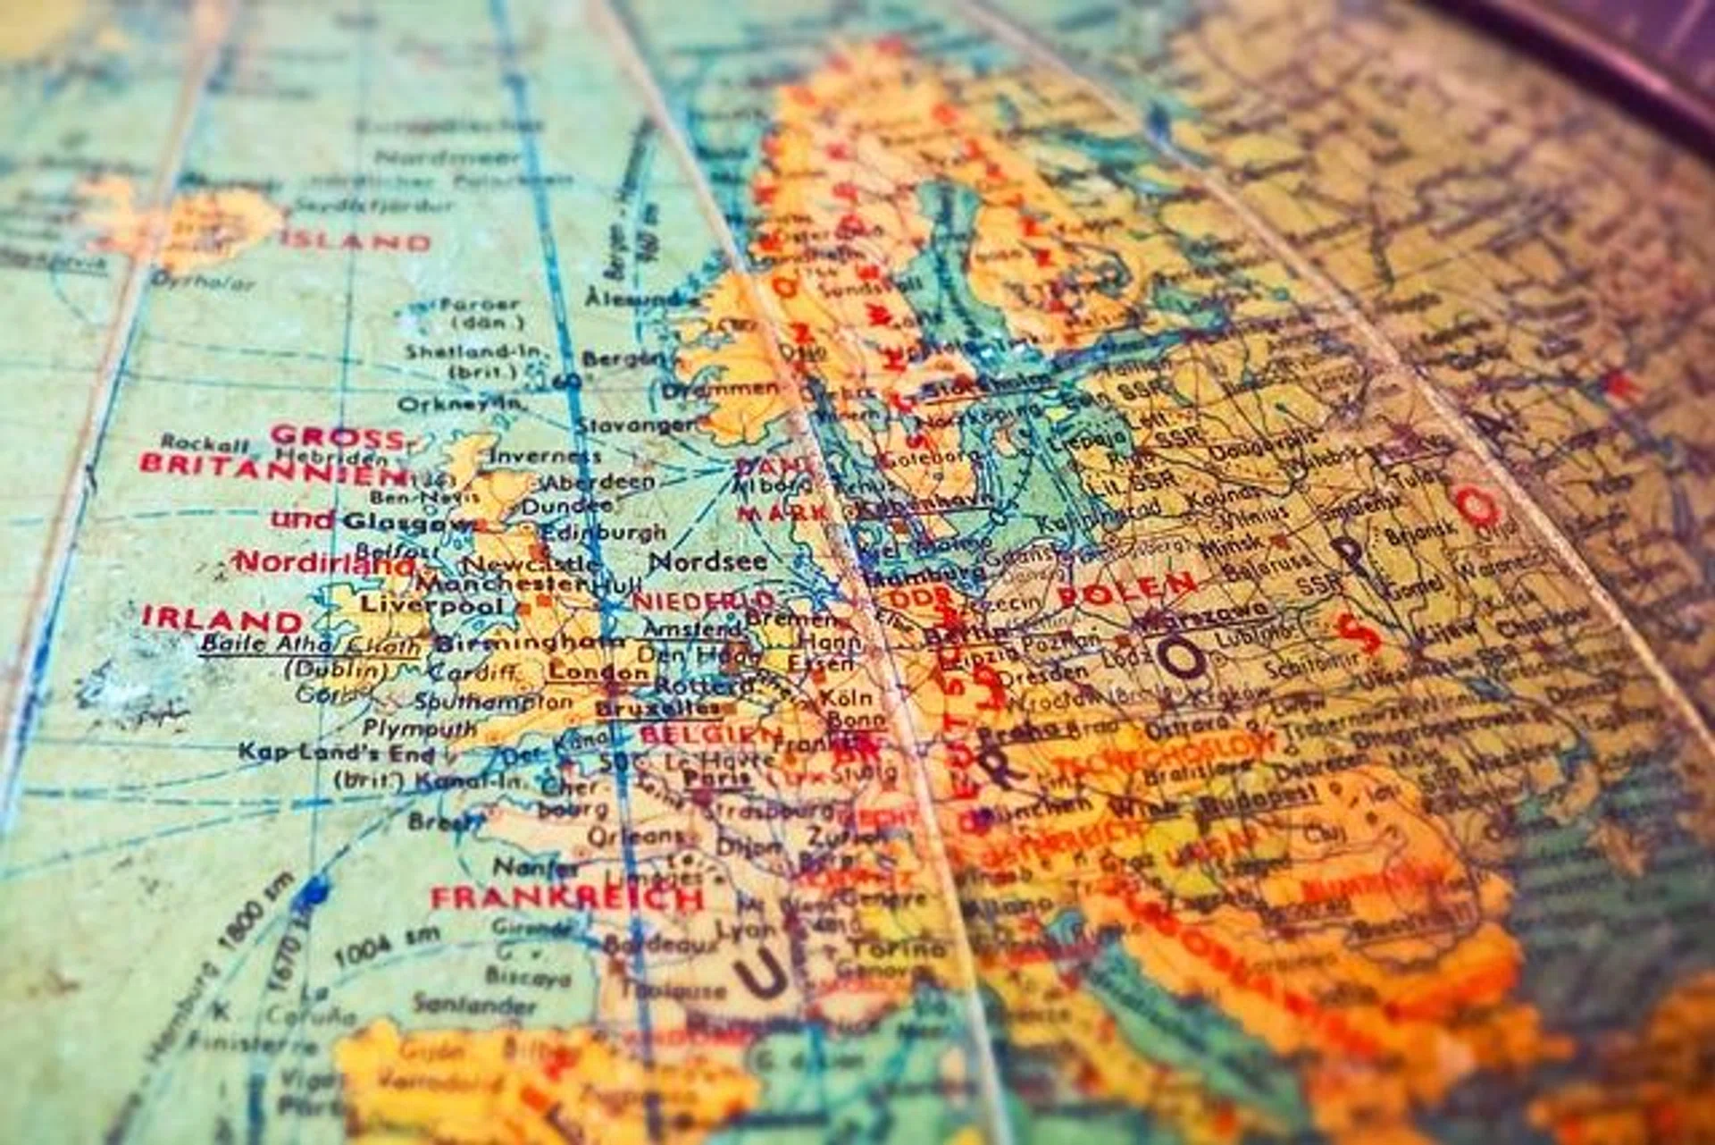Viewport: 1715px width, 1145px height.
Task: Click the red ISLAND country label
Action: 356,241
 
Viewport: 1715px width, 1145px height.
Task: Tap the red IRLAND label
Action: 222,619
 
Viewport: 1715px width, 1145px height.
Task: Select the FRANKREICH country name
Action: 567,897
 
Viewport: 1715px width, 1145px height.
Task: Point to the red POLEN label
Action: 1126,588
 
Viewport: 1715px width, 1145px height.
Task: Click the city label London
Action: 598,672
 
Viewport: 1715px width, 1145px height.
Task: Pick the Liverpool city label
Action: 431,605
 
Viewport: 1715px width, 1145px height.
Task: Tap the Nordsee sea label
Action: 707,561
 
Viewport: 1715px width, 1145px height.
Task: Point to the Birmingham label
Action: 529,643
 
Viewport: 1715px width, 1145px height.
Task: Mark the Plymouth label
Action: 420,728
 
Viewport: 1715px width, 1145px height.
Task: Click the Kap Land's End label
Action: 336,753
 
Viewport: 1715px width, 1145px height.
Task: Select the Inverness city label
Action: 545,456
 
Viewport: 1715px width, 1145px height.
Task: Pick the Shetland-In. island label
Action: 473,351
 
